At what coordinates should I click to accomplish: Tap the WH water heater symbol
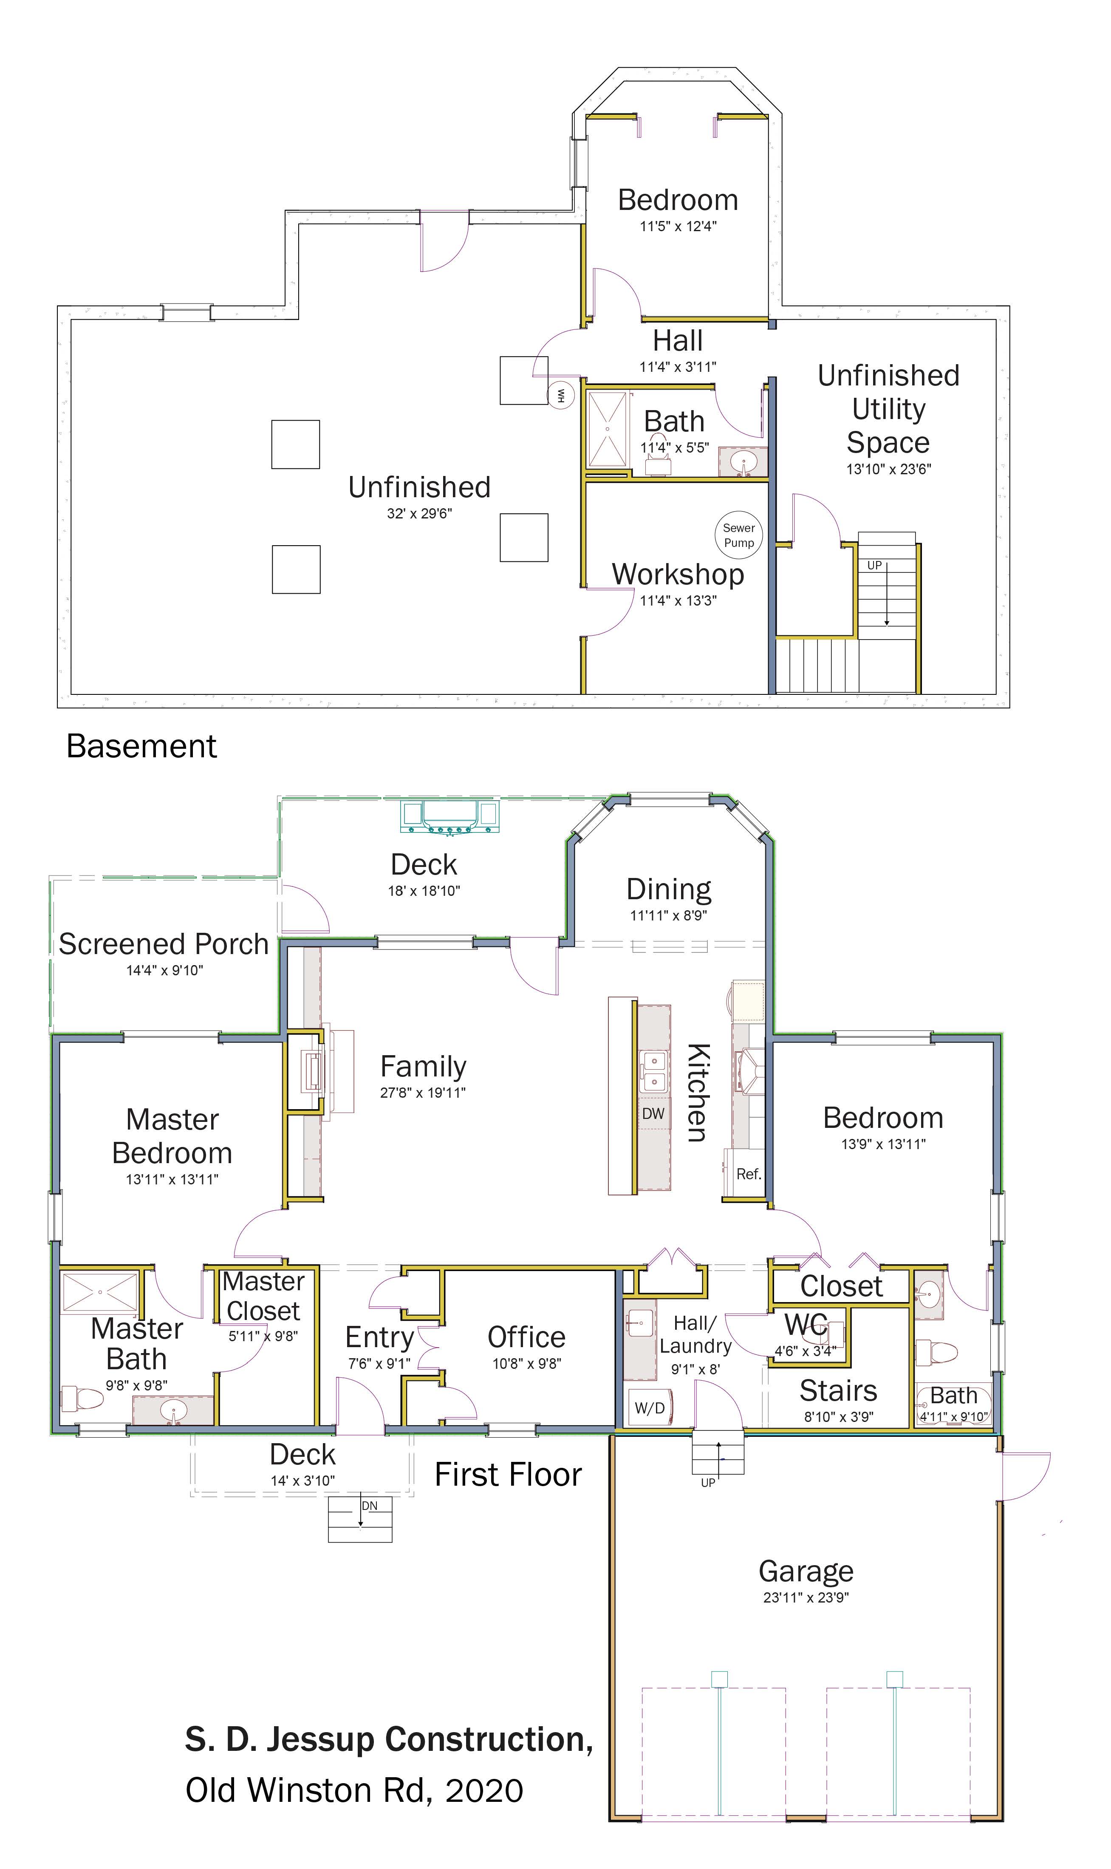pyautogui.click(x=561, y=395)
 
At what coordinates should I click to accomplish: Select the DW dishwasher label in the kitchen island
pyautogui.click(x=653, y=1113)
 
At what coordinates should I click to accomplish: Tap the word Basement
pyautogui.click(x=141, y=747)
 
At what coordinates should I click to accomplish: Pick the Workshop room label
pyautogui.click(x=678, y=574)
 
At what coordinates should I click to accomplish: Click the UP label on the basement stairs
pyautogui.click(x=874, y=565)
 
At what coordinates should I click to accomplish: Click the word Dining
pyautogui.click(x=669, y=889)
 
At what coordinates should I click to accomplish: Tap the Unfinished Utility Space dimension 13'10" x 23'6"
pyautogui.click(x=889, y=470)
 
